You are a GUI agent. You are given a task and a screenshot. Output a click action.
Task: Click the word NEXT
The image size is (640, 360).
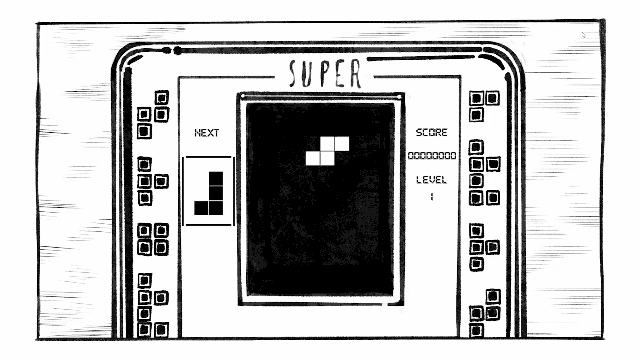coord(207,133)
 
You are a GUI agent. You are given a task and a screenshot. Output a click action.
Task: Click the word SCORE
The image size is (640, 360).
coord(431,133)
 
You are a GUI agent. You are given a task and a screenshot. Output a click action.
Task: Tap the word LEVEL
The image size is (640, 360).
coord(431,180)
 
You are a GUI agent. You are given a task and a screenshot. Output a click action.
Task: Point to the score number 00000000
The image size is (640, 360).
coord(432,156)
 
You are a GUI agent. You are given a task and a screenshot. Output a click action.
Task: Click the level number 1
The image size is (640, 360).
coord(432,197)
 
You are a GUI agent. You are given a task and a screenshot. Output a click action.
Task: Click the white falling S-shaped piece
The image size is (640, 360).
coord(327,151)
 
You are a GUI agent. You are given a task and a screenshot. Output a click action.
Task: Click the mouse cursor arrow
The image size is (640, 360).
coord(583,35)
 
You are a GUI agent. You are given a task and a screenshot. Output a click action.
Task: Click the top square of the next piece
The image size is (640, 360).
coord(216,179)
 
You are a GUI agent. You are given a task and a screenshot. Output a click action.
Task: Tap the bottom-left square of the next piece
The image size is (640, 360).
coord(201,208)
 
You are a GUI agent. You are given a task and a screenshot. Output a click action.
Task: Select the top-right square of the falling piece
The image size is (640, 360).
coord(342,144)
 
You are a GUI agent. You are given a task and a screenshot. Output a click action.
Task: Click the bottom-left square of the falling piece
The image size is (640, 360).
coord(313,158)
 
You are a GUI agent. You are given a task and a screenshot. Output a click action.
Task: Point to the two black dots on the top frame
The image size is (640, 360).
coord(172,51)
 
